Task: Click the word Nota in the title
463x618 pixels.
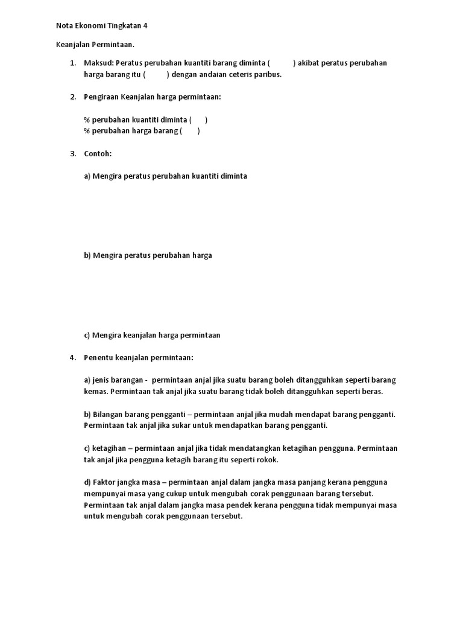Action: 65,26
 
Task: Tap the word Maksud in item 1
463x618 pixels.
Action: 98,63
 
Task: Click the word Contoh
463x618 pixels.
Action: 98,154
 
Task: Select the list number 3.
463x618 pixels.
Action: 72,154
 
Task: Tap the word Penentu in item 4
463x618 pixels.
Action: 98,358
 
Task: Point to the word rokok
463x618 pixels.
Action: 267,460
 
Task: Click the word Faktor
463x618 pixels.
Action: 106,482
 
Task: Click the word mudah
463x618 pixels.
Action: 260,415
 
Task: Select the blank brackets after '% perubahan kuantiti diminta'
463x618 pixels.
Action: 198,120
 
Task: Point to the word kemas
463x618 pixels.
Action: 95,392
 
